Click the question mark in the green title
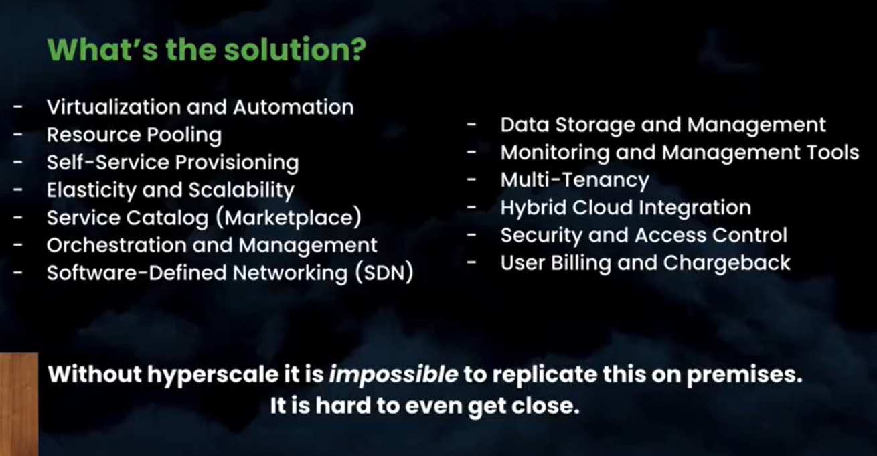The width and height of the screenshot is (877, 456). pos(356,50)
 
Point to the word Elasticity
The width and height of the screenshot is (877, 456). pos(91,191)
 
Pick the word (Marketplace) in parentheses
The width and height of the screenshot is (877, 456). pos(288,218)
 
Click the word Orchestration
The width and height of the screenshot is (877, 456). pos(116,245)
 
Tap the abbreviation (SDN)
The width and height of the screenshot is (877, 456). pos(384,273)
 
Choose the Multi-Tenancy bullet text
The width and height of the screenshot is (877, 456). pos(575,181)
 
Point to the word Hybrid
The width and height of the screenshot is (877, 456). pos(534,208)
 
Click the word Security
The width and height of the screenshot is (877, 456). pos(541,236)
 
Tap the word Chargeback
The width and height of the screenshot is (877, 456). pos(726,263)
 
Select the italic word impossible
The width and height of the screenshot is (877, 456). pos(394,375)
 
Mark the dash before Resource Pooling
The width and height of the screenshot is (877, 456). pos(17,135)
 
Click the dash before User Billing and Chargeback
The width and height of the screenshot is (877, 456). pos(471,262)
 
